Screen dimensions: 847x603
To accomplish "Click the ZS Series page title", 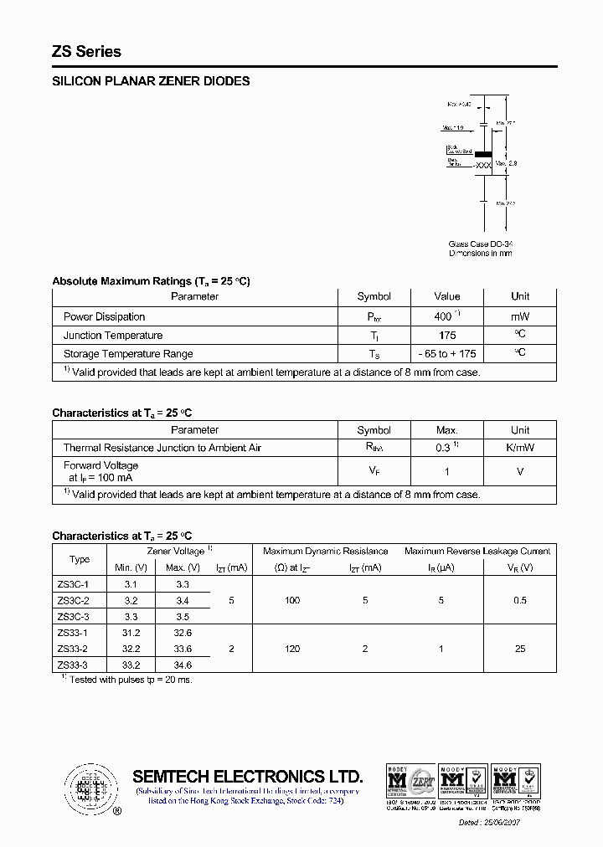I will coord(86,52).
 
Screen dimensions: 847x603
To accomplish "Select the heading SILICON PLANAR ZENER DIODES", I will coord(151,82).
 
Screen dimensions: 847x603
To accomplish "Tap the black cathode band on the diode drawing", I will coord(483,154).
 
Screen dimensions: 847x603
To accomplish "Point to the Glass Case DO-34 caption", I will coord(480,244).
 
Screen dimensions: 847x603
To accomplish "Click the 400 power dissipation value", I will coord(444,317).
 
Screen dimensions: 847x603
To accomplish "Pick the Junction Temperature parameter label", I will coord(113,336).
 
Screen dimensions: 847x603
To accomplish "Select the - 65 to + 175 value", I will coord(446,354).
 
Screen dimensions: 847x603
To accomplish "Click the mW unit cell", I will coord(520,317).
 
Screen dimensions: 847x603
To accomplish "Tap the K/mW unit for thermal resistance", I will coord(520,448).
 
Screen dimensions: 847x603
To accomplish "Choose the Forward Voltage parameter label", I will coord(100,465).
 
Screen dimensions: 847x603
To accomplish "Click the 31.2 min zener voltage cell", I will coord(131,634).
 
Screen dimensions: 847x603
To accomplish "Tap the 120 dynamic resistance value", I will coord(292,649).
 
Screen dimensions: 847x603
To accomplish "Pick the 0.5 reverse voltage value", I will coord(519,600).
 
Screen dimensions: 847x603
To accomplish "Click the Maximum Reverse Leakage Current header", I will coord(477,552).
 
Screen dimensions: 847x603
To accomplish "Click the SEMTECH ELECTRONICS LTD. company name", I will coord(248,776).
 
